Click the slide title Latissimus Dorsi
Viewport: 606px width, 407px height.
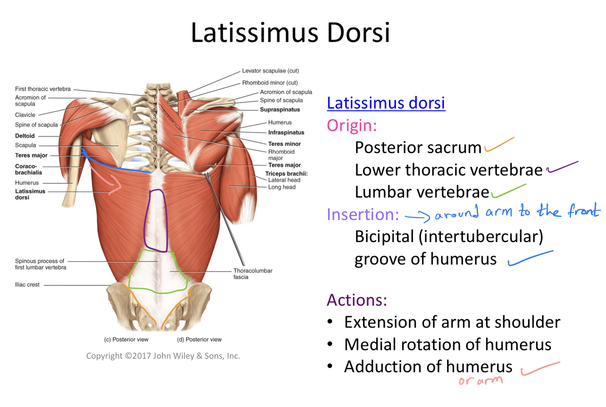click(290, 32)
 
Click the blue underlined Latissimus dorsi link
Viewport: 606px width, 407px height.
click(386, 103)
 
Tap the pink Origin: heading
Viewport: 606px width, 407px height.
click(352, 124)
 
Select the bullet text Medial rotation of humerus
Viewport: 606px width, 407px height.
click(447, 344)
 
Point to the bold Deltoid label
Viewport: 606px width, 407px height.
click(25, 135)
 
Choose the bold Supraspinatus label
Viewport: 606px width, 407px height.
click(279, 109)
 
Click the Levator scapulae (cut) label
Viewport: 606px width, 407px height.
click(270, 71)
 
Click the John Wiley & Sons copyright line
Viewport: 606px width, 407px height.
click(163, 356)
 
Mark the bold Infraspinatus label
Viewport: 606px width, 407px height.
click(286, 133)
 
